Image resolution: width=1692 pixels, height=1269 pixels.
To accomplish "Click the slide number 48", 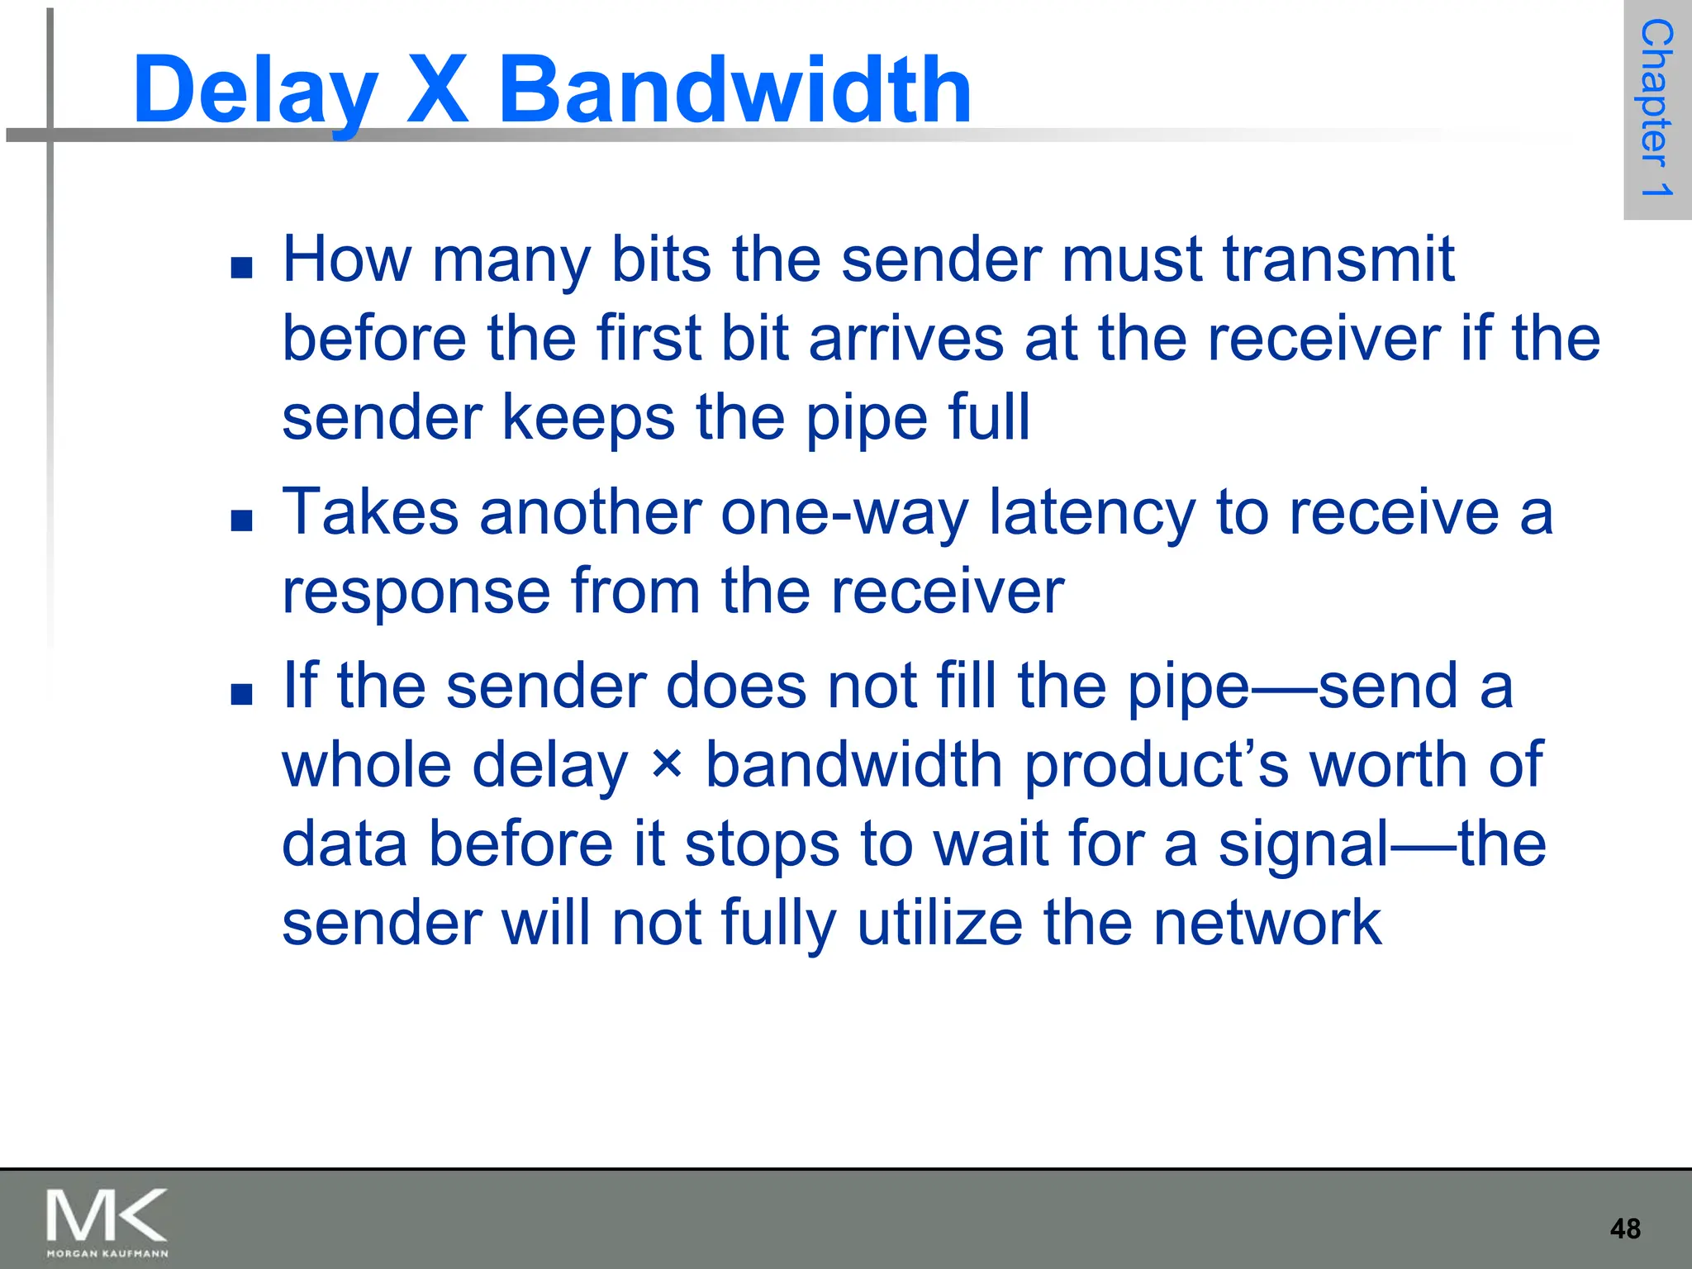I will [x=1625, y=1229].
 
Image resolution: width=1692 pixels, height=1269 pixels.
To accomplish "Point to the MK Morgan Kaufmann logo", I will [x=107, y=1222].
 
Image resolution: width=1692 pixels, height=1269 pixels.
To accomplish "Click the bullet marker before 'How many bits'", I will [x=242, y=268].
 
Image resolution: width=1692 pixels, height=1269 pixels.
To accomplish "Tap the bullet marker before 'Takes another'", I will [x=242, y=520].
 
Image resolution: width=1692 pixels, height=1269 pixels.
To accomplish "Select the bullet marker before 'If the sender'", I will [x=242, y=694].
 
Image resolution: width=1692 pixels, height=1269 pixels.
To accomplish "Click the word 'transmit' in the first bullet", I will [x=1338, y=259].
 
